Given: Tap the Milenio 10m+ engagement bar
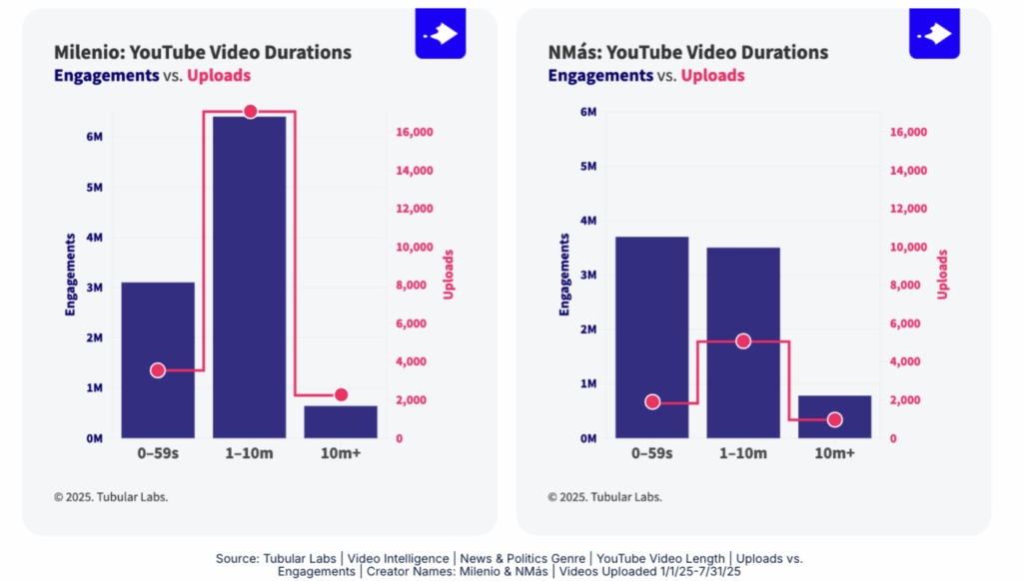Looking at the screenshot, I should click(341, 421).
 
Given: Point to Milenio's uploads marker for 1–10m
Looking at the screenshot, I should click(250, 111).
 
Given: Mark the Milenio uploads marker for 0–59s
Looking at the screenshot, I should click(158, 370).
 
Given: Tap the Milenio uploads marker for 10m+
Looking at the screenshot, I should click(341, 395).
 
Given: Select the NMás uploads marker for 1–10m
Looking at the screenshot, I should click(743, 341).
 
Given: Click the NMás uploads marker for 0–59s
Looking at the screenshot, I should click(652, 402).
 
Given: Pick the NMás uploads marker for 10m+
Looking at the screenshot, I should click(835, 420).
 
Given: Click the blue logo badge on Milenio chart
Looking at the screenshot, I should click(441, 34).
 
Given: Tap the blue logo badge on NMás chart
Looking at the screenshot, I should click(934, 34).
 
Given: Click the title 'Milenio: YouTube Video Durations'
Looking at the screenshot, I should click(203, 53).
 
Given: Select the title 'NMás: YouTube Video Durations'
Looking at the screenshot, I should click(688, 53).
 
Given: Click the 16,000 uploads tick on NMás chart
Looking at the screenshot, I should click(908, 132).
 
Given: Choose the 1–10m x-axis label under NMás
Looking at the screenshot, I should click(743, 454).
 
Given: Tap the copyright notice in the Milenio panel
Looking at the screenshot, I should click(111, 497).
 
